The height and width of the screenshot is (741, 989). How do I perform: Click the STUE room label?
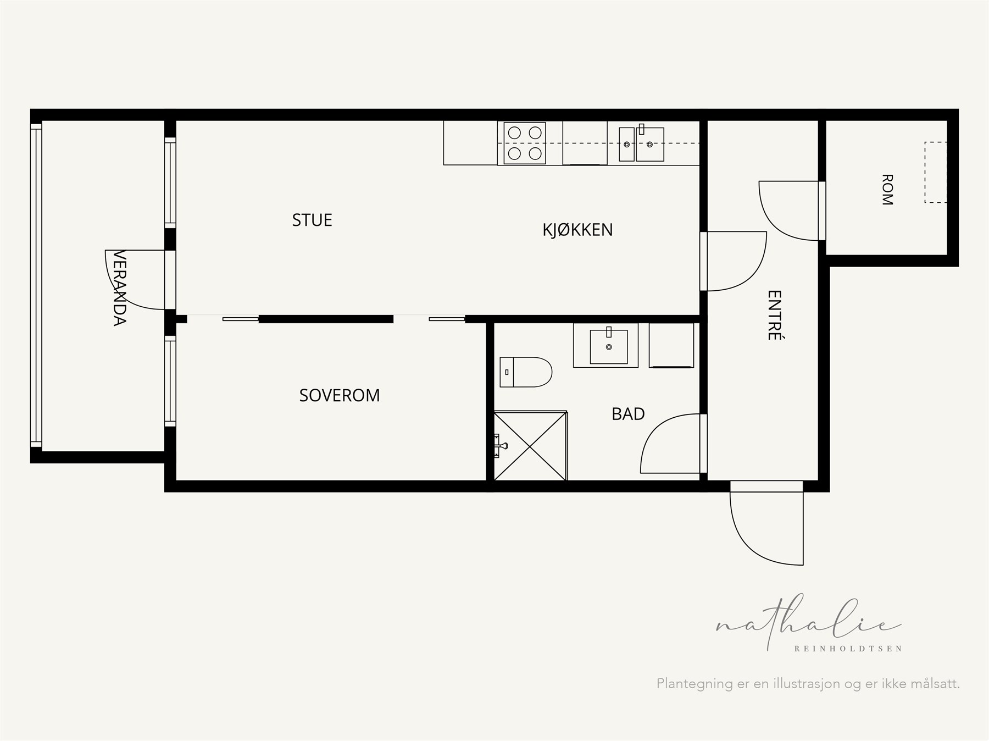(312, 220)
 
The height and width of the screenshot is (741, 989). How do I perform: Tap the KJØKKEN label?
(577, 229)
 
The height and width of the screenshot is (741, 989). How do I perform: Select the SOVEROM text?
(340, 395)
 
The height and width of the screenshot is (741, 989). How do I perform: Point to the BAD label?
(628, 414)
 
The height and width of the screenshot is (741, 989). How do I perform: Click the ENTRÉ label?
(774, 315)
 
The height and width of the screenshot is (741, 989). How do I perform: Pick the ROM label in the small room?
(887, 190)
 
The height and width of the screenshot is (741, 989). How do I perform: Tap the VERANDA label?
(120, 288)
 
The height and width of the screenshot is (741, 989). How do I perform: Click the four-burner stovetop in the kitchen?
(525, 143)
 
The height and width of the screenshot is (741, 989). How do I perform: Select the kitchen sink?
(641, 144)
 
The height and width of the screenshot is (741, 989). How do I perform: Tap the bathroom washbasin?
(609, 347)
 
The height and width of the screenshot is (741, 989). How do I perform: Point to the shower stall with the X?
(531, 446)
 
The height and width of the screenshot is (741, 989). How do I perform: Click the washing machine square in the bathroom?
(671, 345)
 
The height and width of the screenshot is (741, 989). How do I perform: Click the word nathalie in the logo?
(808, 623)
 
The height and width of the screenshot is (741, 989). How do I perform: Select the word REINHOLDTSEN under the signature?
(848, 649)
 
